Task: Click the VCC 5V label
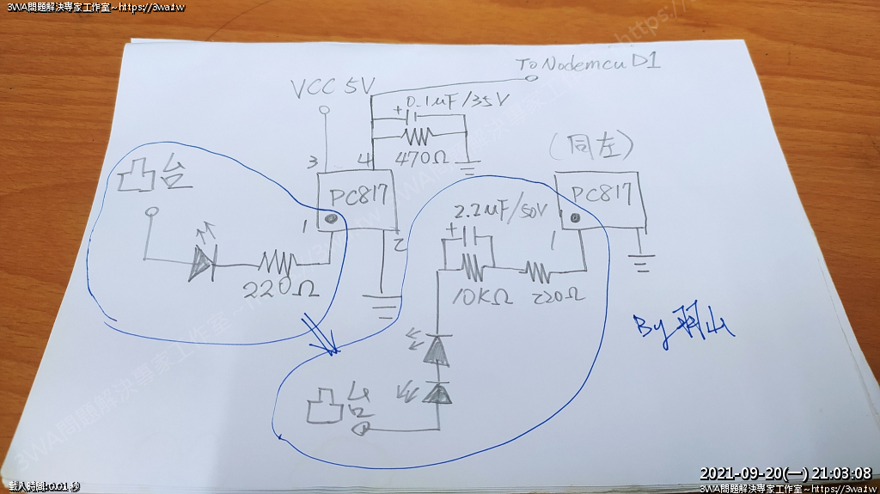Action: click(x=333, y=88)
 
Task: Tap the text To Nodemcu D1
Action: click(x=588, y=63)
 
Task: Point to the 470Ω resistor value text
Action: click(x=420, y=161)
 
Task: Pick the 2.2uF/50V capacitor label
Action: click(x=499, y=210)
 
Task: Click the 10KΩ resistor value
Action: click(x=481, y=297)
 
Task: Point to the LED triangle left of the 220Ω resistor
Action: click(x=201, y=262)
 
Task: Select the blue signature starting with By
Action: click(x=684, y=326)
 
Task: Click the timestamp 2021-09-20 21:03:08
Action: click(x=785, y=473)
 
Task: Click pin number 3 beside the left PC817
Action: click(x=314, y=162)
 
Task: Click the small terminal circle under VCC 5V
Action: click(x=324, y=111)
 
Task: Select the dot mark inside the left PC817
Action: click(x=331, y=219)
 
